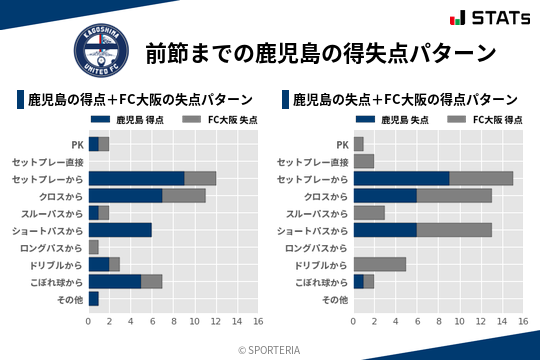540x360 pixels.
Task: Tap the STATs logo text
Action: pyautogui.click(x=498, y=17)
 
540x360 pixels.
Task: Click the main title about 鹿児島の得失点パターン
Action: pyautogui.click(x=321, y=52)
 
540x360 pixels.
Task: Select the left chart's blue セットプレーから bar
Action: pyautogui.click(x=136, y=178)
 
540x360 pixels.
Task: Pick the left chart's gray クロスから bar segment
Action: pyautogui.click(x=184, y=195)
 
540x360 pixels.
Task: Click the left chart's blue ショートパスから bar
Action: pyautogui.click(x=120, y=229)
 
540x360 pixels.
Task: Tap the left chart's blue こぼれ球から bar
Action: pyautogui.click(x=115, y=281)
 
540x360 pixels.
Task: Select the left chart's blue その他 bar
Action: pyautogui.click(x=93, y=298)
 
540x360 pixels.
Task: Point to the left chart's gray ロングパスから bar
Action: pyautogui.click(x=93, y=246)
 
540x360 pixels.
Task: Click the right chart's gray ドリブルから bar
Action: pyautogui.click(x=380, y=264)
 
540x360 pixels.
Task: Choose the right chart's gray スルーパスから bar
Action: pyautogui.click(x=369, y=212)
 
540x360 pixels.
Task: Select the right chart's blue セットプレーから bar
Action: pyautogui.click(x=401, y=178)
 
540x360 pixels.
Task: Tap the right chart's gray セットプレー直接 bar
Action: pyautogui.click(x=364, y=161)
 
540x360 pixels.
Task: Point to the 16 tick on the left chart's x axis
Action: pyautogui.click(x=258, y=321)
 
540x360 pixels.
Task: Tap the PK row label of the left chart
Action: pyautogui.click(x=77, y=144)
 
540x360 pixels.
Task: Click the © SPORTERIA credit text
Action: pyautogui.click(x=270, y=349)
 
